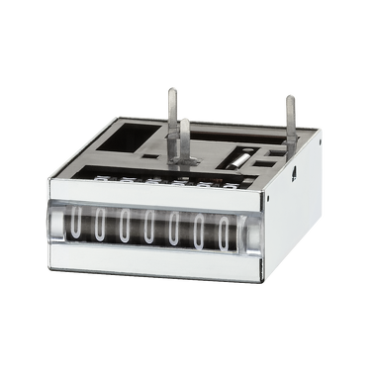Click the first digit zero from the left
click(75, 223)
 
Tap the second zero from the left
click(100, 225)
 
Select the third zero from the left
click(125, 226)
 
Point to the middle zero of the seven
click(149, 228)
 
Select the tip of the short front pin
click(185, 121)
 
